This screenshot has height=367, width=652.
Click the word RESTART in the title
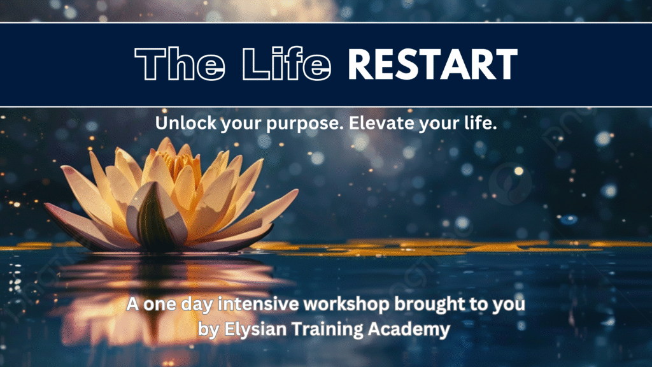tap(432, 64)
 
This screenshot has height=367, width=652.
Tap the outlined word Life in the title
tap(287, 64)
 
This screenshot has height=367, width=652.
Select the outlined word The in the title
tap(180, 64)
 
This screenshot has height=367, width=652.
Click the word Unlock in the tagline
tap(186, 123)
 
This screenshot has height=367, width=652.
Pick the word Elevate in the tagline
tap(382, 123)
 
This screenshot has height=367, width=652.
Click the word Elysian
tap(255, 329)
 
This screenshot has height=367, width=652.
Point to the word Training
tap(327, 330)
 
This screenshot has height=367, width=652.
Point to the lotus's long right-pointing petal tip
tap(297, 191)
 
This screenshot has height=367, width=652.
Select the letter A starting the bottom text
tap(132, 304)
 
